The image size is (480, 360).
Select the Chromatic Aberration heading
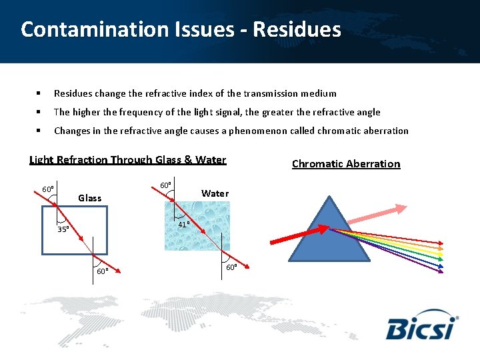point(346,164)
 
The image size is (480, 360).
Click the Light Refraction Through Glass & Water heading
point(128,160)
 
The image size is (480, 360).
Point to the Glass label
point(90,197)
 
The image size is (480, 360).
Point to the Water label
point(215,193)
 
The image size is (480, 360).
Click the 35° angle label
point(63,229)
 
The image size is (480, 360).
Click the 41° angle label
point(184,225)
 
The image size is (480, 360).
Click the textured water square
point(197,227)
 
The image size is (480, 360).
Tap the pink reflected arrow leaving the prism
point(373,215)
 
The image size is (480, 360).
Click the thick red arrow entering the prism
point(297,235)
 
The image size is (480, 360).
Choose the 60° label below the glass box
point(102,271)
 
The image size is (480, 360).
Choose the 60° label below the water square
point(231,267)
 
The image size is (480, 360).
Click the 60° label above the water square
point(166,185)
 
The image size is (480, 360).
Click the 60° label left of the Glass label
point(48,189)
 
